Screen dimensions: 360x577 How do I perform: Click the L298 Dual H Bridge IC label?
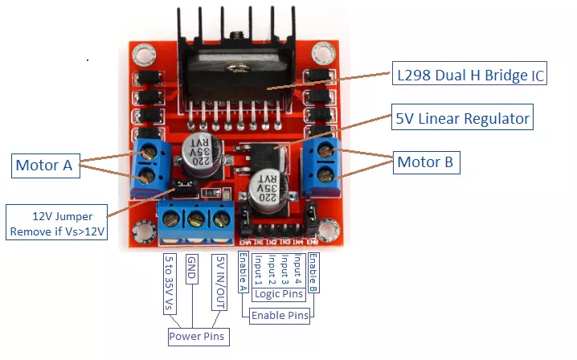[470, 76]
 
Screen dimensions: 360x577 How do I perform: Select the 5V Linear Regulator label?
[463, 119]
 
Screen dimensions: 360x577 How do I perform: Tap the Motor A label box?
[43, 166]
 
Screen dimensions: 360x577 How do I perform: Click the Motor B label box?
[425, 162]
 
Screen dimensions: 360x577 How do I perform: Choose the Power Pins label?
[196, 336]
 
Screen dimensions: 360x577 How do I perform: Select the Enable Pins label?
[280, 316]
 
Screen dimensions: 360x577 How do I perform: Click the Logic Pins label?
[278, 295]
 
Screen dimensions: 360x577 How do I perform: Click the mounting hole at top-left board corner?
[145, 55]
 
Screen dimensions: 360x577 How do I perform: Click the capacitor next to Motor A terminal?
[197, 149]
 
